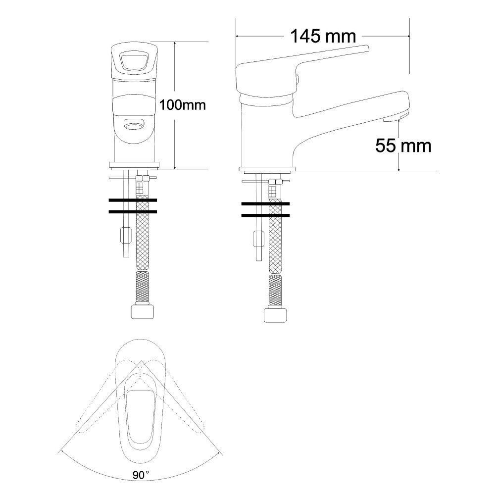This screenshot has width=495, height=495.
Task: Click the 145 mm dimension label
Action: (323, 36)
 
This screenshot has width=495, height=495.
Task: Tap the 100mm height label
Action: (183, 105)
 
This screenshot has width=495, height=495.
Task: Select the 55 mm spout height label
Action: (403, 146)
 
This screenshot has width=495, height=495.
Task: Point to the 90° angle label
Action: (141, 475)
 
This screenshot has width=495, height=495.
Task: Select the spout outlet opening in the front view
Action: (134, 124)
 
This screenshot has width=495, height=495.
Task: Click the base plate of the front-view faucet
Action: (134, 164)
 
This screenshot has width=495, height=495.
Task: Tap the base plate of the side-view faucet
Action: (267, 169)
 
